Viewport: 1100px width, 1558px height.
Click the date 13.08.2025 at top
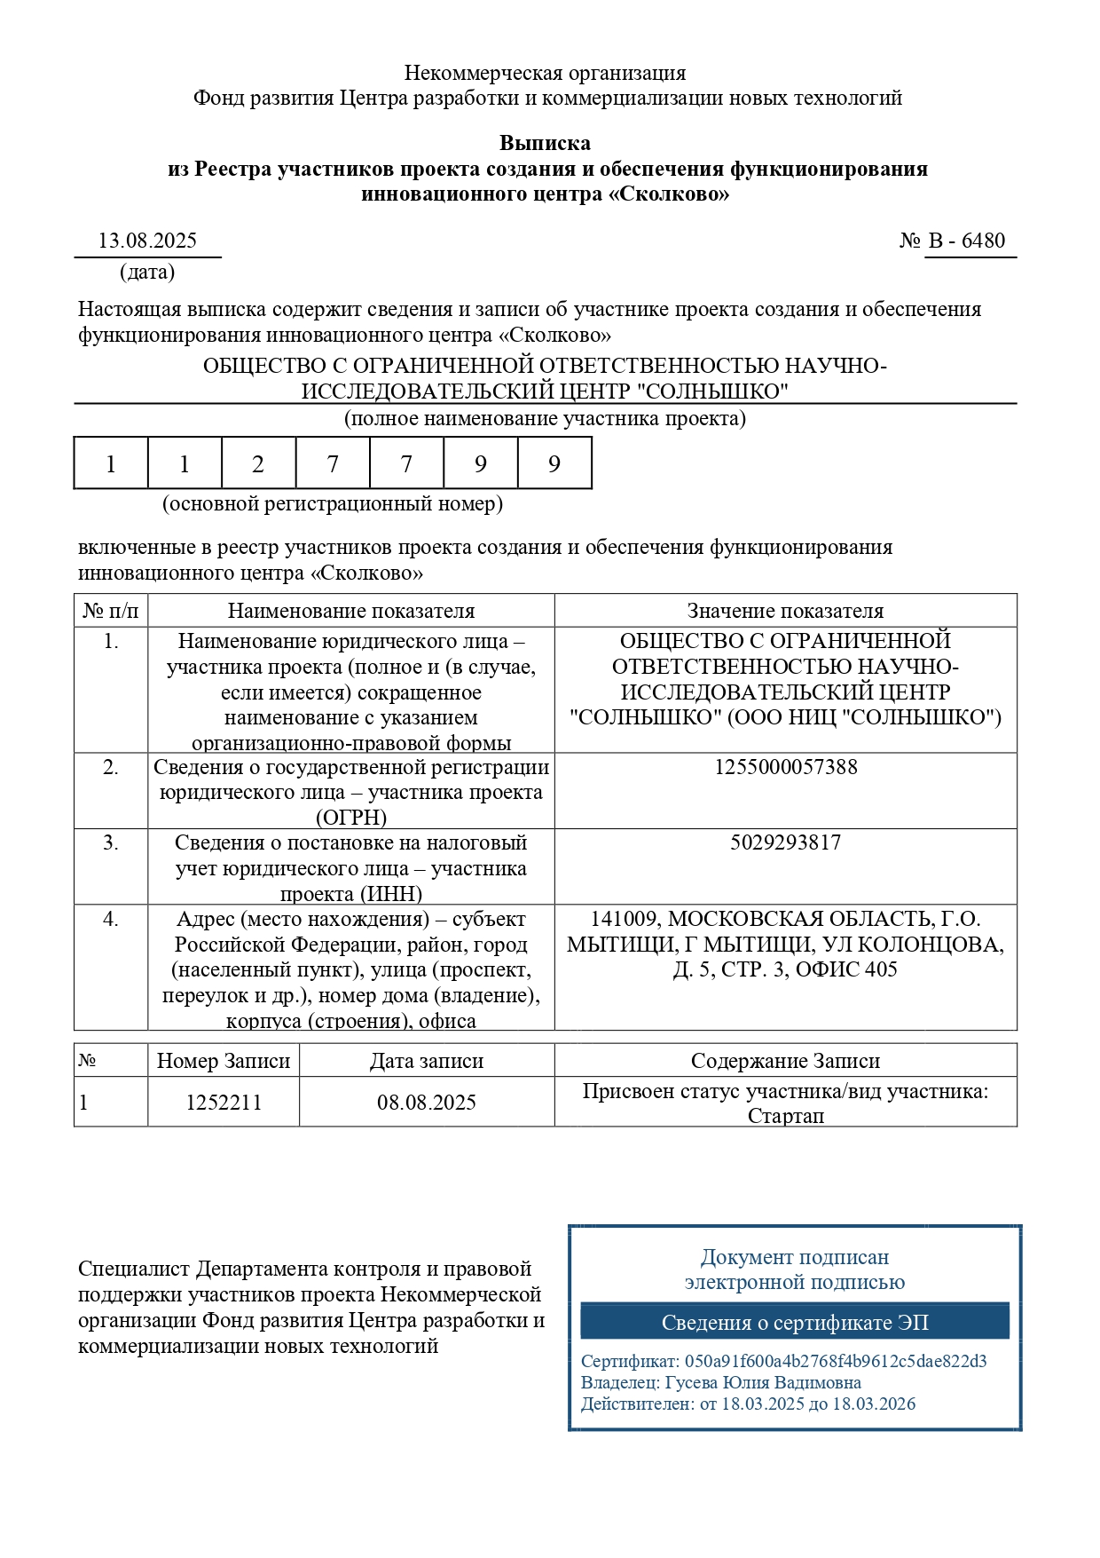tap(147, 241)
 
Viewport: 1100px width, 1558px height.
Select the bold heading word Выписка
tap(545, 143)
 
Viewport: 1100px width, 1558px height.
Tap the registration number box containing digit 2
tap(258, 463)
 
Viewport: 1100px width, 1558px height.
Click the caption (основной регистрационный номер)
tap(332, 504)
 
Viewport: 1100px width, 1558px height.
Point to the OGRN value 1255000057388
tap(785, 767)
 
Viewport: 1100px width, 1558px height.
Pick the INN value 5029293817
tap(785, 842)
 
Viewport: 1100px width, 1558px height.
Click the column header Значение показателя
tap(785, 611)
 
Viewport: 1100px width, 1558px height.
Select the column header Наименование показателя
tap(351, 611)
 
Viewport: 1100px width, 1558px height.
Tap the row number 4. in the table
tap(111, 919)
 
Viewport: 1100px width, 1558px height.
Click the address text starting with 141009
tap(785, 944)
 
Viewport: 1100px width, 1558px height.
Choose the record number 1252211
tap(224, 1103)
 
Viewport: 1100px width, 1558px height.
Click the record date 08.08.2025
tap(427, 1103)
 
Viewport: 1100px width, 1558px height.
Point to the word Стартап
tap(785, 1116)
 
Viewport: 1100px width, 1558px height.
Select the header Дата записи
tap(427, 1061)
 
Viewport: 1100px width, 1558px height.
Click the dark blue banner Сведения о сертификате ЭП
tap(795, 1322)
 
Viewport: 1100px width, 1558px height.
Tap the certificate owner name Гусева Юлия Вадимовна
tap(763, 1382)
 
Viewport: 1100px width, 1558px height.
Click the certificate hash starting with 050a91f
tap(835, 1361)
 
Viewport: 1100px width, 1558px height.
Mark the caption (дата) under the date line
tap(147, 272)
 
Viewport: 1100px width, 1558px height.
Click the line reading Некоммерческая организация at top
tap(545, 73)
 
